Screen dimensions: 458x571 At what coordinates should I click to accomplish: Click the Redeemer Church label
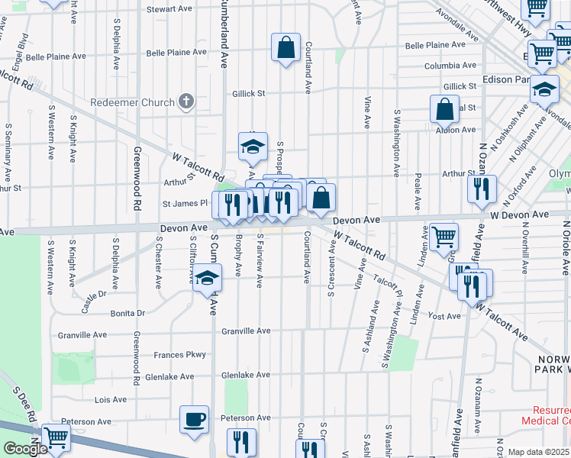(132, 102)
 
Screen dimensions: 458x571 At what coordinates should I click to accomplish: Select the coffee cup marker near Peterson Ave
(194, 419)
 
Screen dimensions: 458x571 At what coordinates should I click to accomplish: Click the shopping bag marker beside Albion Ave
(444, 110)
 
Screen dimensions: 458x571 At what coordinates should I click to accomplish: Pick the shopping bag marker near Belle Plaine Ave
(285, 48)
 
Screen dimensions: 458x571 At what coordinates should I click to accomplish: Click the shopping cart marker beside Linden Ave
(444, 236)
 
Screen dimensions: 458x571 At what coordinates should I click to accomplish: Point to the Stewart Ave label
(169, 8)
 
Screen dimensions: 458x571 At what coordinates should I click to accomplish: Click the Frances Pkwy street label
(180, 355)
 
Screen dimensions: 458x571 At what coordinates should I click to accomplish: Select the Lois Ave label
(110, 399)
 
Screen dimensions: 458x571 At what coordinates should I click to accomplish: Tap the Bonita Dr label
(127, 313)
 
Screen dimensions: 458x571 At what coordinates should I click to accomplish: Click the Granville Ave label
(247, 331)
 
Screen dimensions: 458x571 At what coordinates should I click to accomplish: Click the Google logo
(26, 448)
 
